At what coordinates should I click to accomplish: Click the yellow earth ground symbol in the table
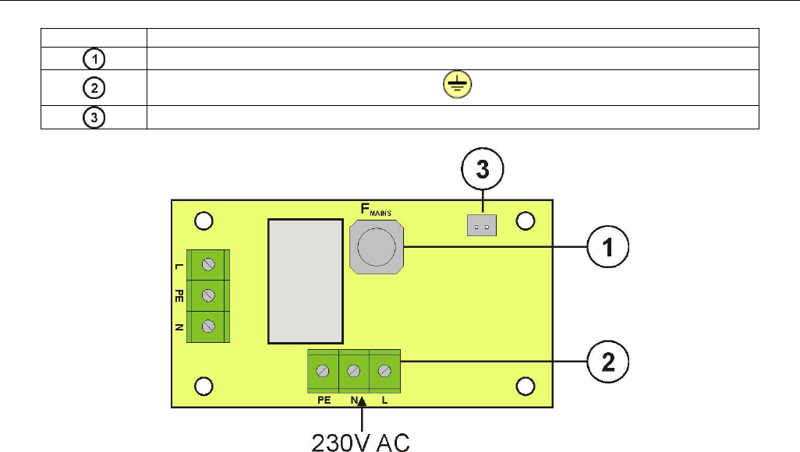pos(457,84)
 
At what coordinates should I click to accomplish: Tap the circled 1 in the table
pos(94,59)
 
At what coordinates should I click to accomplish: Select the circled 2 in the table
pos(94,88)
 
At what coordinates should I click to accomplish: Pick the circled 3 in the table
pos(94,118)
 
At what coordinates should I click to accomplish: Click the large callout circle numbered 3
pos(482,169)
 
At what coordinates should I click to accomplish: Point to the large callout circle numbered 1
pos(607,247)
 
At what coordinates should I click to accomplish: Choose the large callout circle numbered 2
pos(607,362)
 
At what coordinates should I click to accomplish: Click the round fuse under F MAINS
pos(377,247)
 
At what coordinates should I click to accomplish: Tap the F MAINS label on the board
pos(376,209)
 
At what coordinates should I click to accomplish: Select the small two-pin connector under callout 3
pos(482,225)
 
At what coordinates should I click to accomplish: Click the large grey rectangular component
pos(306,281)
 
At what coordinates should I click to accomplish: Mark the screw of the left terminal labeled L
pos(208,264)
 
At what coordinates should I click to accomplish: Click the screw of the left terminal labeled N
pos(208,326)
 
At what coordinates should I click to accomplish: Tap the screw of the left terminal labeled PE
pos(208,295)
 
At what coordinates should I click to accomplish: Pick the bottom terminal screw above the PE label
pos(323,371)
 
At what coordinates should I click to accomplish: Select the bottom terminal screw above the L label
pos(384,371)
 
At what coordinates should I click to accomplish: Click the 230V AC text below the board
pos(360,443)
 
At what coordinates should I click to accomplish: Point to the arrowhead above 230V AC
pos(362,401)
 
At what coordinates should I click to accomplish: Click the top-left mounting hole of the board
pos(204,221)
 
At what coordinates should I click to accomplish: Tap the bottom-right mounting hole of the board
pos(526,387)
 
